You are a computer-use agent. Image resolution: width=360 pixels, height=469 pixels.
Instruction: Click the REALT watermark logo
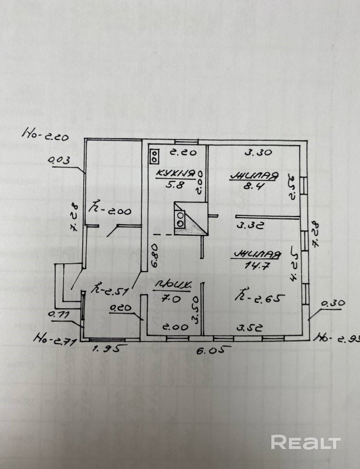306,442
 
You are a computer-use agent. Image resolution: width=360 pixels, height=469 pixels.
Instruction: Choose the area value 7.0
171,299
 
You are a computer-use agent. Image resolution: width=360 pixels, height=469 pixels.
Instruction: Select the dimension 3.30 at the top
258,153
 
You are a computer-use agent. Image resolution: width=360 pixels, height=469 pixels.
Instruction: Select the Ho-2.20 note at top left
45,135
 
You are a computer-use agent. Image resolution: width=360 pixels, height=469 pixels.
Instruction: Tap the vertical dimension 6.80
155,255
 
